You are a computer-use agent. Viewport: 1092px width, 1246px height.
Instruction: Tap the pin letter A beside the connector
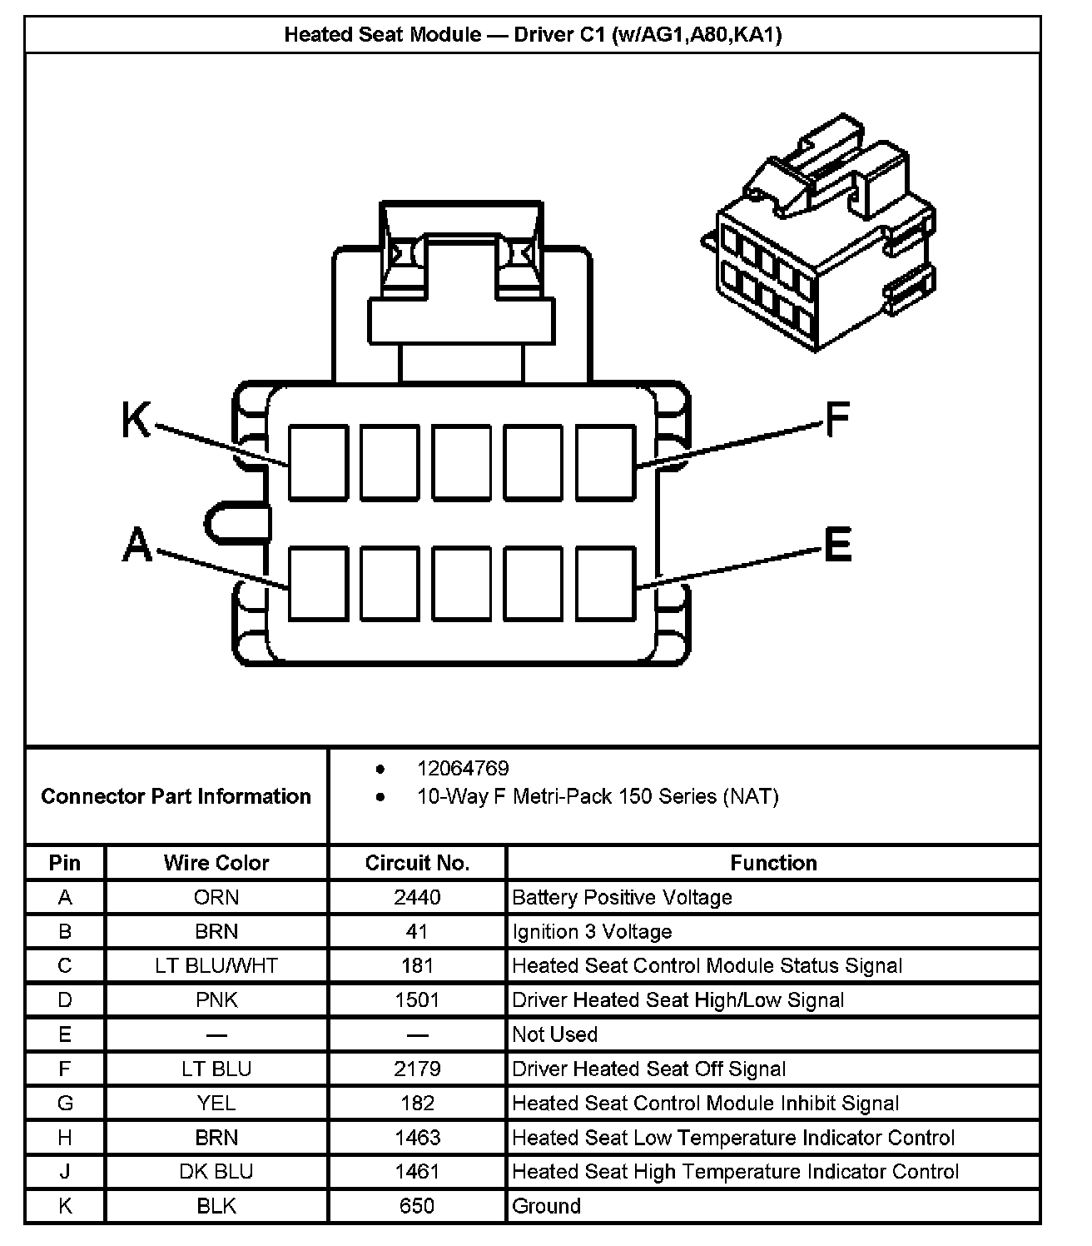[137, 546]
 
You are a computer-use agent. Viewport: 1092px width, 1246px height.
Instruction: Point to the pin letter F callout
[836, 419]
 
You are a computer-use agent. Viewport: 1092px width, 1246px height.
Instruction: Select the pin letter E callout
[837, 545]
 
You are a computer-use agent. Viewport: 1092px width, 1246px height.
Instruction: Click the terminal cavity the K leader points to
[318, 463]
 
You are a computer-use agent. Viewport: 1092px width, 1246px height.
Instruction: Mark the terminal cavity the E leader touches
[606, 583]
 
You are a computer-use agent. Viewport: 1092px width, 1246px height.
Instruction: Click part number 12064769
[463, 768]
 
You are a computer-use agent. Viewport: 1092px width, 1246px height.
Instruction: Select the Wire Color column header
[216, 863]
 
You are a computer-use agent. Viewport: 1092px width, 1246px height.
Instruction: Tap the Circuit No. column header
[417, 863]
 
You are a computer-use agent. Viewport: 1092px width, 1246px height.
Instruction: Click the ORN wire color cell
[216, 897]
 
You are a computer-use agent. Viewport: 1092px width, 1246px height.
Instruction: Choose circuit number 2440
[417, 897]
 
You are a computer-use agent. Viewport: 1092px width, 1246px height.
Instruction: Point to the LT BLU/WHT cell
[216, 965]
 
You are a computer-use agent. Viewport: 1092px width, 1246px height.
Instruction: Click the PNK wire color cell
[216, 999]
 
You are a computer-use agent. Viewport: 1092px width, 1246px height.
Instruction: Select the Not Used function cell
[555, 1034]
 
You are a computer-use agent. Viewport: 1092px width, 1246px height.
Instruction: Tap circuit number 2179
[417, 1069]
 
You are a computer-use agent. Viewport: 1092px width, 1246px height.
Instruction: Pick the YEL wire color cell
[216, 1103]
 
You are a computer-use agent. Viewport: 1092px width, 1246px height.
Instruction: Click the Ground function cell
[547, 1205]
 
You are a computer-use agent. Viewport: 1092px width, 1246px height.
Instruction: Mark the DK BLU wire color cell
[216, 1171]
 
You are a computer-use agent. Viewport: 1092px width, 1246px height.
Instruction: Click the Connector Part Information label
[176, 796]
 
